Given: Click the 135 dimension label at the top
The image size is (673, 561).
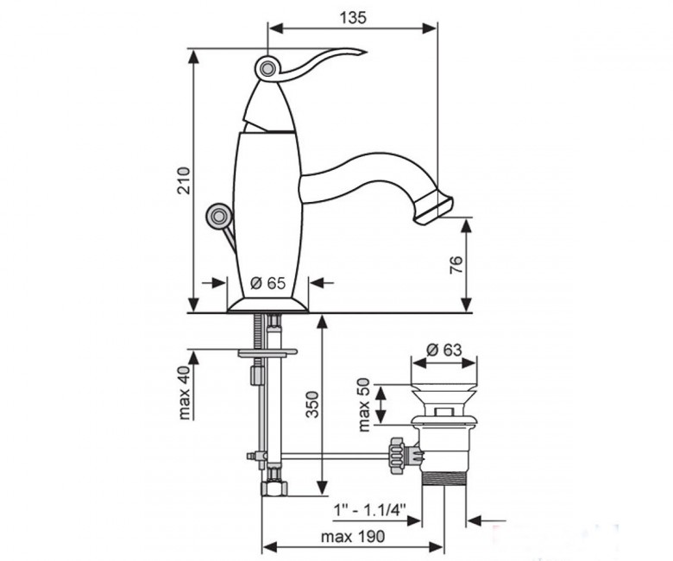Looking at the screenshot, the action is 353,18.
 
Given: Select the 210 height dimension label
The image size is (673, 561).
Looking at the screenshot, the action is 184,180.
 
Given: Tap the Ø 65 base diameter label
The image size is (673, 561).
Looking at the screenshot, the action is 267,283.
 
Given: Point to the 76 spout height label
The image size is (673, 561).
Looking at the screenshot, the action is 456,265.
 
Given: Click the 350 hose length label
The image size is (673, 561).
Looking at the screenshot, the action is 312,404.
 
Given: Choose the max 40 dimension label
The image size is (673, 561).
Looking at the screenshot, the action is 184,393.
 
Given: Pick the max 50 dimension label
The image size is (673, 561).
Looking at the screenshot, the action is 363,404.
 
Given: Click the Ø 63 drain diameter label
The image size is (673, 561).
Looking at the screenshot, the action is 444,350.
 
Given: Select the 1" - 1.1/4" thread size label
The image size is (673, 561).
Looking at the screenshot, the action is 370,510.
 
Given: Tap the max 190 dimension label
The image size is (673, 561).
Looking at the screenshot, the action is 353,536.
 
